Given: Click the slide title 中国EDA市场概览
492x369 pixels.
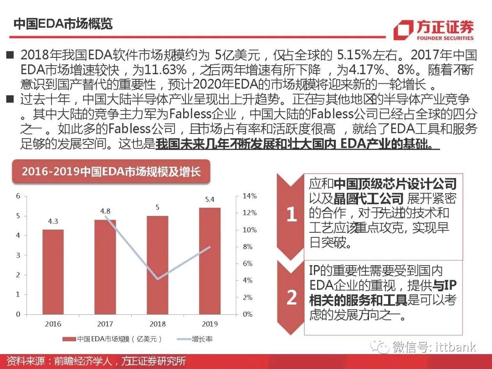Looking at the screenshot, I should pyautogui.click(x=63, y=24).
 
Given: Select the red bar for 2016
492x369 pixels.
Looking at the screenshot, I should pyautogui.click(x=53, y=272).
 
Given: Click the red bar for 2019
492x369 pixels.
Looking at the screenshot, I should pyautogui.click(x=210, y=261).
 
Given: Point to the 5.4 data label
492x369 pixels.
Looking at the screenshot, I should pyautogui.click(x=210, y=200).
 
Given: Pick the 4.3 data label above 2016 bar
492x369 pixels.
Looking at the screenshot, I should pyautogui.click(x=53, y=221).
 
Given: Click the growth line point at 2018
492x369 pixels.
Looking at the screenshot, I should pyautogui.click(x=157, y=279).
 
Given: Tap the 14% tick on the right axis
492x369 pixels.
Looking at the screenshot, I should pyautogui.click(x=250, y=196).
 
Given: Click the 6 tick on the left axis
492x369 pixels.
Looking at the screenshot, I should pyautogui.click(x=18, y=196).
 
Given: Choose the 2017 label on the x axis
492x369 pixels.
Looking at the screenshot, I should pyautogui.click(x=105, y=324).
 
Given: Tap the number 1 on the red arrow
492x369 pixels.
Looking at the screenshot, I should pyautogui.click(x=292, y=215).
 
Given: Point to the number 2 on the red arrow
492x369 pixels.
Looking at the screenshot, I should pyautogui.click(x=292, y=297).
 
